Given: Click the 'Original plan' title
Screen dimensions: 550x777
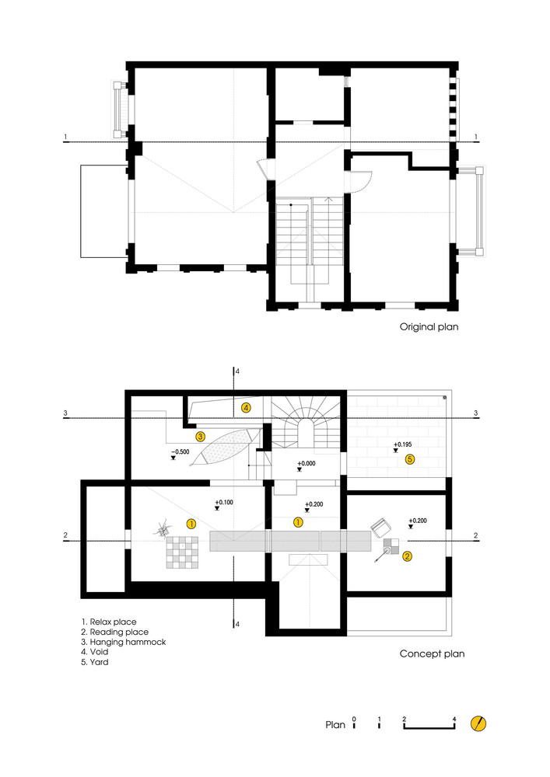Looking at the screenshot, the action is (429, 327).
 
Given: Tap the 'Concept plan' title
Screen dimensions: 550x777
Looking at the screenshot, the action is (432, 654).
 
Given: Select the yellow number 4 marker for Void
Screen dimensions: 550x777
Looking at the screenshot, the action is (246, 408).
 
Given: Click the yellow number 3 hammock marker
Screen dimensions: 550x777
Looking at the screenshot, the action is (201, 437).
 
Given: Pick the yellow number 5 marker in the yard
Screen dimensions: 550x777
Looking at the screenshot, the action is (410, 459).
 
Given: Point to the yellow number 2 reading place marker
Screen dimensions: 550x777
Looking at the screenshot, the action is (407, 556).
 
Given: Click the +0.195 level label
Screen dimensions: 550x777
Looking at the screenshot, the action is (403, 444).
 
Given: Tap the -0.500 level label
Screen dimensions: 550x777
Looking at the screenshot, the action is (180, 452).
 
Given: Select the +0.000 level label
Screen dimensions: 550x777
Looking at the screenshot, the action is (307, 464).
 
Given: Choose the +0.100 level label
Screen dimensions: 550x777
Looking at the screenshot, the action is (224, 503).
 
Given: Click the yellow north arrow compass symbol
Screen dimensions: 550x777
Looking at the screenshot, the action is (478, 724).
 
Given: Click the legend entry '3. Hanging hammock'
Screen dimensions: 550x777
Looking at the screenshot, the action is (124, 643).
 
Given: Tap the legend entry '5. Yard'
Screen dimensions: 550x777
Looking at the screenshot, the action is (95, 662).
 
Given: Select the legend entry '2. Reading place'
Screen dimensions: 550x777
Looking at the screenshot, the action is (114, 632).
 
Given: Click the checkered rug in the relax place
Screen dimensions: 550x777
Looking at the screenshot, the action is (182, 552).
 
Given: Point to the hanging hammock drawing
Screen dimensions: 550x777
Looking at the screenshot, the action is (225, 447).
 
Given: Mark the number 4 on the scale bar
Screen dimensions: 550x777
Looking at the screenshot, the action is (454, 720).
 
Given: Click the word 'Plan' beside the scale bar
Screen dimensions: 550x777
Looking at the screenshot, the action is (335, 725).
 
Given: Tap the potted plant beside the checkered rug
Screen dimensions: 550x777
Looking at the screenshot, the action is (163, 530).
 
